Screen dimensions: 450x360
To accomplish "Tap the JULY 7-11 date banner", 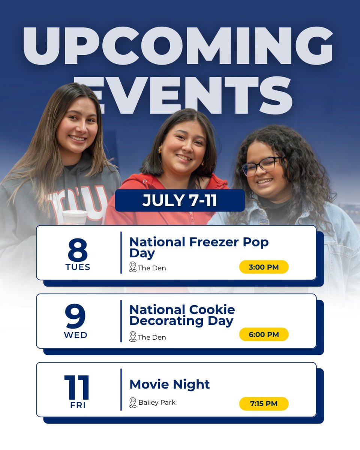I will point(180,201).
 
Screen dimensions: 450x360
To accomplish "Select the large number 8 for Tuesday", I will point(78,250).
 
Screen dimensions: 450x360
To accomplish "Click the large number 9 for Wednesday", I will point(75,316).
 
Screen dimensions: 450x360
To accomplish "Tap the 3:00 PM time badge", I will point(264,267).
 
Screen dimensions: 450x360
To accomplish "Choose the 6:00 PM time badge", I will point(264,334).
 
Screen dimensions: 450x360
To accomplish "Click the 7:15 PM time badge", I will point(264,404).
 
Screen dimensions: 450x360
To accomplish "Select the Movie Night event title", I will point(169,384).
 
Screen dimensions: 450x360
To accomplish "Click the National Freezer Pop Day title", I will point(199,247).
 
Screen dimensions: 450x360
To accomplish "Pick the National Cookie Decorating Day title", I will point(182,315).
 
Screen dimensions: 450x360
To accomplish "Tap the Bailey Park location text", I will point(157,402).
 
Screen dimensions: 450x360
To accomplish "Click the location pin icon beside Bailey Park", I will point(132,402).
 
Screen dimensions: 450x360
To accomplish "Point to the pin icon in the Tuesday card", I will point(132,267).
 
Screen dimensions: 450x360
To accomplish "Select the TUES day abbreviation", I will point(78,267).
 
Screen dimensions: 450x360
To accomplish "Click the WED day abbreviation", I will point(76,335).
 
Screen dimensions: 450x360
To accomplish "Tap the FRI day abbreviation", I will point(78,405).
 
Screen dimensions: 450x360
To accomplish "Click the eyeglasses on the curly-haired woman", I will point(262,165).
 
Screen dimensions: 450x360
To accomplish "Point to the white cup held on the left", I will point(74,217).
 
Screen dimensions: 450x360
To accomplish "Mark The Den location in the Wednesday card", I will point(152,337).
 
